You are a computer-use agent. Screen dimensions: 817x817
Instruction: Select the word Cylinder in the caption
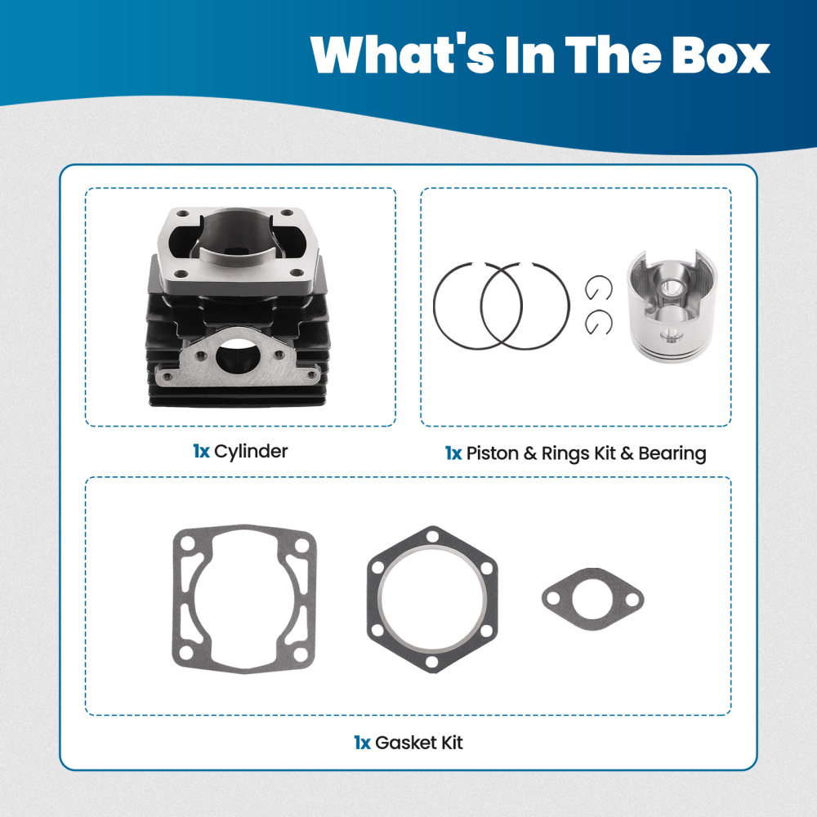(x=251, y=451)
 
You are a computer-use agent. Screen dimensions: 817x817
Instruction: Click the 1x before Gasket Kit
(x=362, y=743)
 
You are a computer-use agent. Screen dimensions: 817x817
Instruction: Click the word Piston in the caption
(x=490, y=453)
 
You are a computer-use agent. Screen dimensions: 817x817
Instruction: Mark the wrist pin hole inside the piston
(x=672, y=290)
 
